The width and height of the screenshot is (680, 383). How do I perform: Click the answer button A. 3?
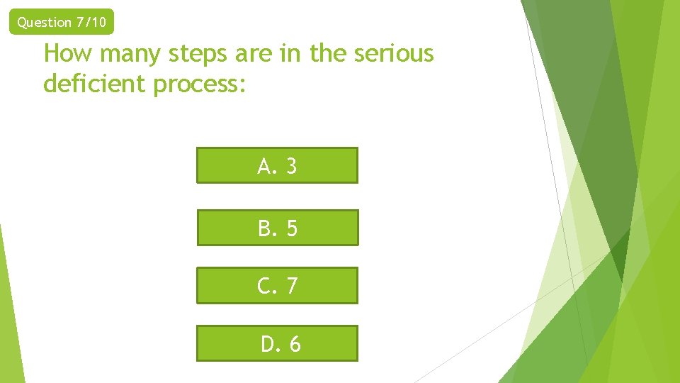[x=277, y=165]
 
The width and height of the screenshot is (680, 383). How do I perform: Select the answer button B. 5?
[x=278, y=228]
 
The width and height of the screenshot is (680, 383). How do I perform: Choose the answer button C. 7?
[x=277, y=285]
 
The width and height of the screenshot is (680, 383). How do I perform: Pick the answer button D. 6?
[x=277, y=343]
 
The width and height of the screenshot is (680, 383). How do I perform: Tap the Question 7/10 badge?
[x=62, y=22]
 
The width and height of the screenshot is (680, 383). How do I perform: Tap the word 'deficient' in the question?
[x=92, y=84]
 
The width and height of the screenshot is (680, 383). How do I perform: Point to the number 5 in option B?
[x=291, y=228]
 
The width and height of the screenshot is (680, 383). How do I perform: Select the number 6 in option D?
[x=294, y=344]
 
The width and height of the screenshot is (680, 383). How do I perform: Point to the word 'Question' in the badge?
[x=44, y=22]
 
